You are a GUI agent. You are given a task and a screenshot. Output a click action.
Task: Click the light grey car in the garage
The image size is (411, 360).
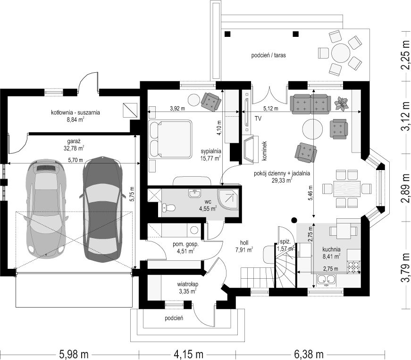click(x=46, y=209)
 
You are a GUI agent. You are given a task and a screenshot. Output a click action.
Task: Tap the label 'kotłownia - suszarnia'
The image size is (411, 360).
click(x=75, y=112)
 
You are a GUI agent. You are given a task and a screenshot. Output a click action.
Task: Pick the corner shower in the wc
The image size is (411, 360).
click(x=228, y=200)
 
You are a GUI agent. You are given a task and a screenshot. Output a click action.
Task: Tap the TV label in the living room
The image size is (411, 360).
click(x=258, y=119)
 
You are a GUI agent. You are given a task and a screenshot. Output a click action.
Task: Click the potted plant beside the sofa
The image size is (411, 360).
click(x=342, y=103)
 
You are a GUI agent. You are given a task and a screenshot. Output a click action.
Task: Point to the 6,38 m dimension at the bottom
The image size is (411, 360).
click(x=309, y=354)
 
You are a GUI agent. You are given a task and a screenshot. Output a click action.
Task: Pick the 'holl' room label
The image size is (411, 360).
click(x=244, y=243)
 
